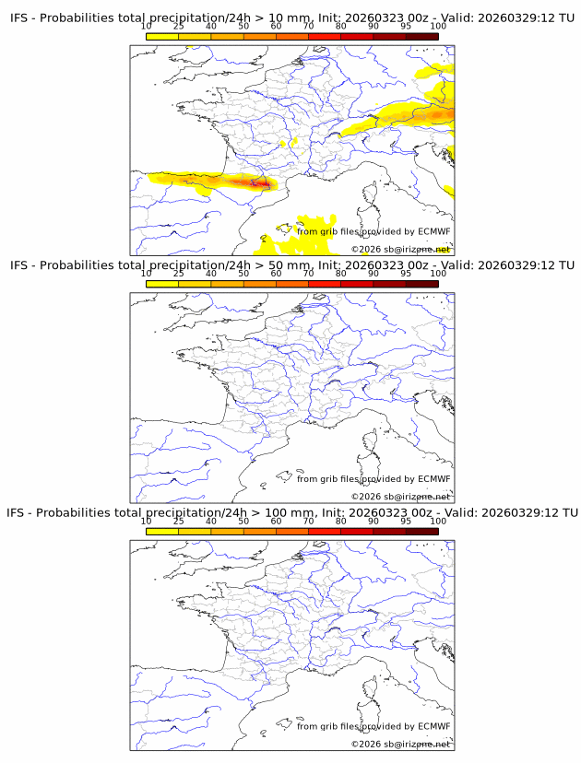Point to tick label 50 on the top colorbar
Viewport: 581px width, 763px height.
click(243, 27)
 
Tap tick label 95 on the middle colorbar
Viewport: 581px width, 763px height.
click(406, 274)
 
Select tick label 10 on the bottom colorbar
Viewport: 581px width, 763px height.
click(147, 521)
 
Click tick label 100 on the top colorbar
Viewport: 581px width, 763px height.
click(438, 27)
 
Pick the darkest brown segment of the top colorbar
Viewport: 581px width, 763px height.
click(422, 36)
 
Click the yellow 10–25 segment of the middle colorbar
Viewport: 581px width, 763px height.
click(162, 284)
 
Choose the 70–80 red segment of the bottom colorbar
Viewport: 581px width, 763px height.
click(325, 531)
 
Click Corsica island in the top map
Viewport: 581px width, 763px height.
click(372, 194)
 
